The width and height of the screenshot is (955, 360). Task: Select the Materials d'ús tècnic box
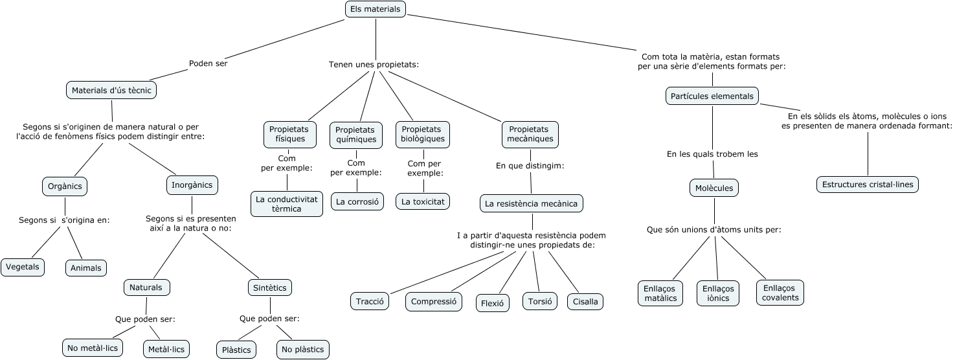(111, 90)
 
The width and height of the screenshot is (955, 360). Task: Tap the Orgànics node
(65, 186)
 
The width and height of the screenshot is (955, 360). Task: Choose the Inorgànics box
(192, 185)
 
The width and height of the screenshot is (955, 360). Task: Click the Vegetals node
(23, 267)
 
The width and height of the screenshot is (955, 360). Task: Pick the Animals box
(86, 268)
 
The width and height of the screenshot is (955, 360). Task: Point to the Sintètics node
(269, 287)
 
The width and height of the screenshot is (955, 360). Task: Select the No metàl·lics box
(93, 348)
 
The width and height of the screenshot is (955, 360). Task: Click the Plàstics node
(236, 350)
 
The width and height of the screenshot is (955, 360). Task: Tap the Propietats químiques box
(355, 134)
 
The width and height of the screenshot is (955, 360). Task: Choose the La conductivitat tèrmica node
(287, 204)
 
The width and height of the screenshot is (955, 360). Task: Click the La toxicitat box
(423, 201)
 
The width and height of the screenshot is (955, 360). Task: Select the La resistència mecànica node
(531, 203)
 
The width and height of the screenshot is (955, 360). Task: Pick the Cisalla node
(585, 302)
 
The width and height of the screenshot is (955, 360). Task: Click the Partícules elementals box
(712, 96)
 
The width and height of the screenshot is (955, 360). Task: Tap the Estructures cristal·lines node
(868, 185)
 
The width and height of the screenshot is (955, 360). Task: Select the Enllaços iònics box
(718, 293)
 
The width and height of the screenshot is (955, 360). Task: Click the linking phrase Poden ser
(208, 63)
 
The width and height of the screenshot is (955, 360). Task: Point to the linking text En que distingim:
(530, 166)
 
